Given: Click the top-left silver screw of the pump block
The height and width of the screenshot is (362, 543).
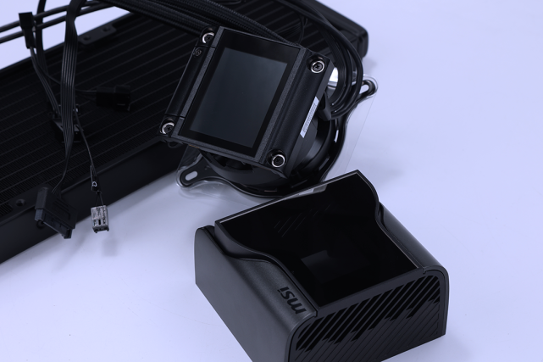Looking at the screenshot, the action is coord(208,37).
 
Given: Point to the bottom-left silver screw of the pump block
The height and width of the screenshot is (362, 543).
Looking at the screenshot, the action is coord(167,126).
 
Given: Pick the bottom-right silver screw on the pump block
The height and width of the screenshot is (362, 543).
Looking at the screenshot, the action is coord(277,159).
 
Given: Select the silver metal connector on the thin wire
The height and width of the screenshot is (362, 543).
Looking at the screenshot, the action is coord(99,220).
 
